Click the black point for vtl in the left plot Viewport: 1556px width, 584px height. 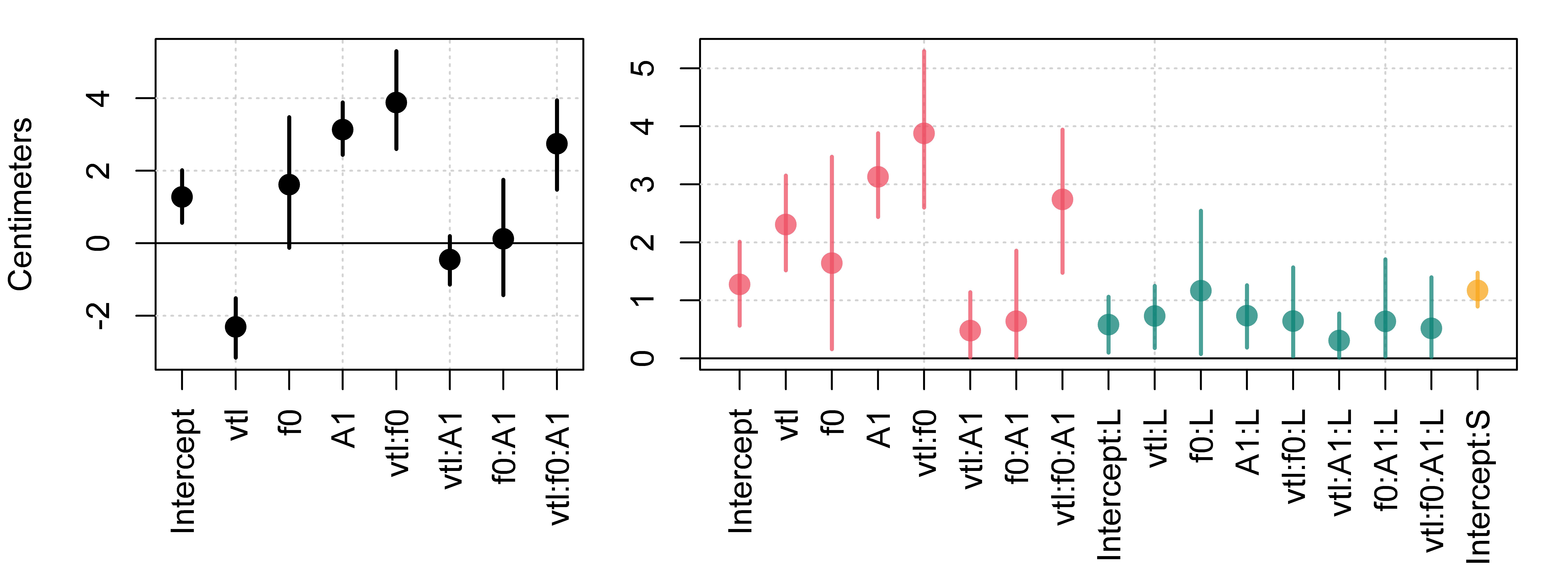tap(236, 326)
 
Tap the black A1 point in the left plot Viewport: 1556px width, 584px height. tap(342, 129)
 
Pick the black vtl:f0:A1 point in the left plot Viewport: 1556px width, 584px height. tap(557, 144)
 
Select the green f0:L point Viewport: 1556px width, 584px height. tap(1201, 291)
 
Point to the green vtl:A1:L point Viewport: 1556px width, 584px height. tap(1339, 340)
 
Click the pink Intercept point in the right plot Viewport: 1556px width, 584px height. tap(739, 284)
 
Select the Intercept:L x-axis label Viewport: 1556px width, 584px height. tap(1109, 485)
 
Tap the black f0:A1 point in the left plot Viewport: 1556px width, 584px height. tap(503, 239)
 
